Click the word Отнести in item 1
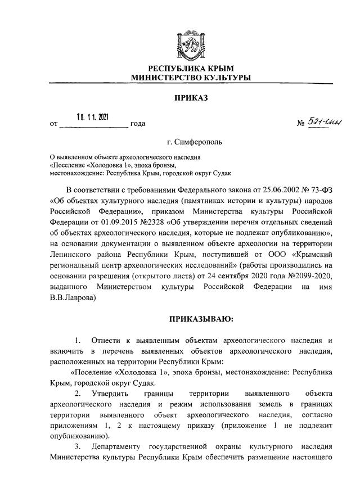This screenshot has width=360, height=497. (x=109, y=341)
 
